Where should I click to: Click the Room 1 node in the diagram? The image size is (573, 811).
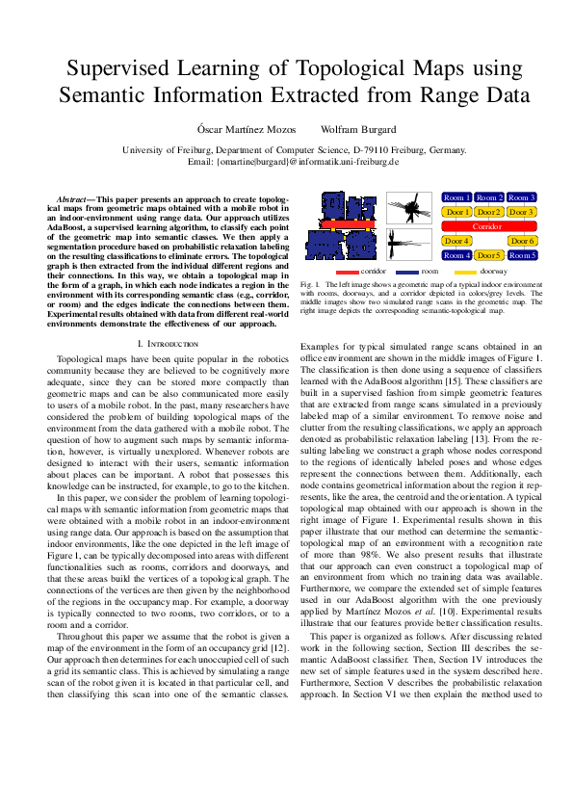coord(457,197)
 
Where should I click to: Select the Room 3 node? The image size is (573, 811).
coord(522,197)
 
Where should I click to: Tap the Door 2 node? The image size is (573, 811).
coord(489,212)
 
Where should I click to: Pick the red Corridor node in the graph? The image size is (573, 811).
coord(489,226)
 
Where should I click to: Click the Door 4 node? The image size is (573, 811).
coord(457,241)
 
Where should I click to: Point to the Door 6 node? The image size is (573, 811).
coord(522,241)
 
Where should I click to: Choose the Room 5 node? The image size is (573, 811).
coord(522,255)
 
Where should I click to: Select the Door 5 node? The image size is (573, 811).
coord(489,255)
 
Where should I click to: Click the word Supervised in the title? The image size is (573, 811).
coord(125,68)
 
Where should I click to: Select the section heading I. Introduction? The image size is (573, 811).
coord(169,343)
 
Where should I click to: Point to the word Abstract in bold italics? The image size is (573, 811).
coord(73,197)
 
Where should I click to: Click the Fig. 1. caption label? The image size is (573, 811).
coord(310,286)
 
